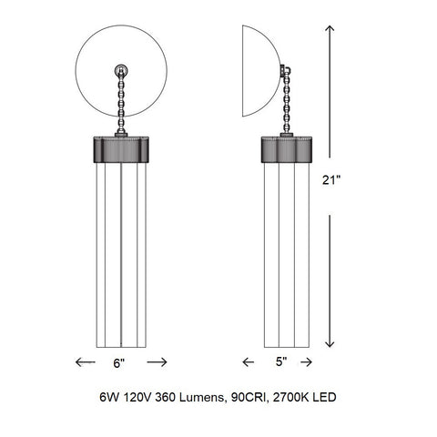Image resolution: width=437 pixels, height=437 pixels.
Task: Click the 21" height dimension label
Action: pos(331,180)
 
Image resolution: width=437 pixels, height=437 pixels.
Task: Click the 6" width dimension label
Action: pos(119,363)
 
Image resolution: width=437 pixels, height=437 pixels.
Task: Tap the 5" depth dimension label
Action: pos(281,361)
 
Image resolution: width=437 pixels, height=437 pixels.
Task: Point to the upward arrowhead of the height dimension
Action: pos(330,29)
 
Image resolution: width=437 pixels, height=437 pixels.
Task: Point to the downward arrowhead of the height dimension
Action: pos(330,344)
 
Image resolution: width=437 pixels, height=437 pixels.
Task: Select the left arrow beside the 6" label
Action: pos(86,362)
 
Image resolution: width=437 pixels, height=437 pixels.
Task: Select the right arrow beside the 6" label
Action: pos(157,362)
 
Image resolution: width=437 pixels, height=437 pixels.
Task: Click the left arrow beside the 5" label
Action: pos(249,362)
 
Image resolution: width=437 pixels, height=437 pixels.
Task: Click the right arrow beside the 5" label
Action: pos(306,362)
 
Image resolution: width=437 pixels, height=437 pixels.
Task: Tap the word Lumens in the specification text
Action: pos(201,397)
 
